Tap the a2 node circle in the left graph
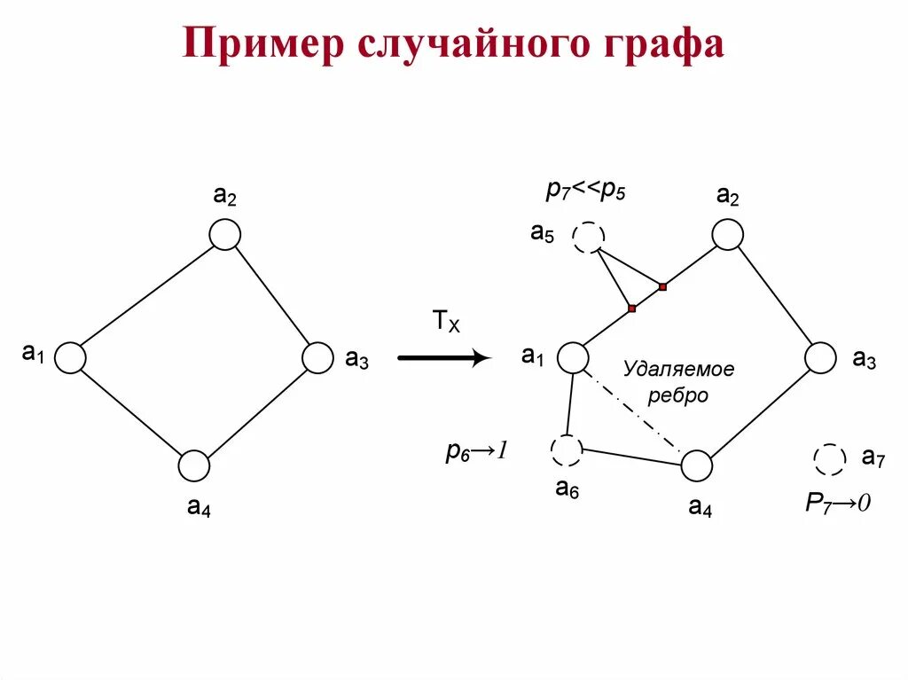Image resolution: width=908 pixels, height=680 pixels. click(225, 235)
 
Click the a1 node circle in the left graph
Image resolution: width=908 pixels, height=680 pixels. click(70, 357)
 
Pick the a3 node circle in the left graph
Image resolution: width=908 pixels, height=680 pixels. click(317, 357)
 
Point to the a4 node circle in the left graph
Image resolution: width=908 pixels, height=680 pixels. click(194, 465)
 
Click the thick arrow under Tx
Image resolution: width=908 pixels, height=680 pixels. click(443, 358)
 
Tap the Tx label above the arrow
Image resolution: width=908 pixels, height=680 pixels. click(446, 321)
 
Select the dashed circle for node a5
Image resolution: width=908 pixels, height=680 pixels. click(588, 238)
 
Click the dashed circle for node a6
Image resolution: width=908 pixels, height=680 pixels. click(566, 450)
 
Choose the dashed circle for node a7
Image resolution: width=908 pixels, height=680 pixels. click(830, 459)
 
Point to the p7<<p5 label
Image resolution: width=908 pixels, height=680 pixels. click(585, 190)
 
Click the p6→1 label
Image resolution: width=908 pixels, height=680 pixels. click(475, 451)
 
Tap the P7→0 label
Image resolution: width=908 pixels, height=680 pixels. click(838, 503)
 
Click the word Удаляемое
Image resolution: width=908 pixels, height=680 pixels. click(678, 369)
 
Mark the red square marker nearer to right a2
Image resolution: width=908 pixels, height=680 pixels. click(662, 286)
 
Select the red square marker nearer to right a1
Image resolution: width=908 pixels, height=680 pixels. click(632, 309)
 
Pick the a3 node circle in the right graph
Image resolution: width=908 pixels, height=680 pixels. click(820, 358)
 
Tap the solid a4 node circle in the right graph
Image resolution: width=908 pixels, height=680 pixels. click(697, 465)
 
